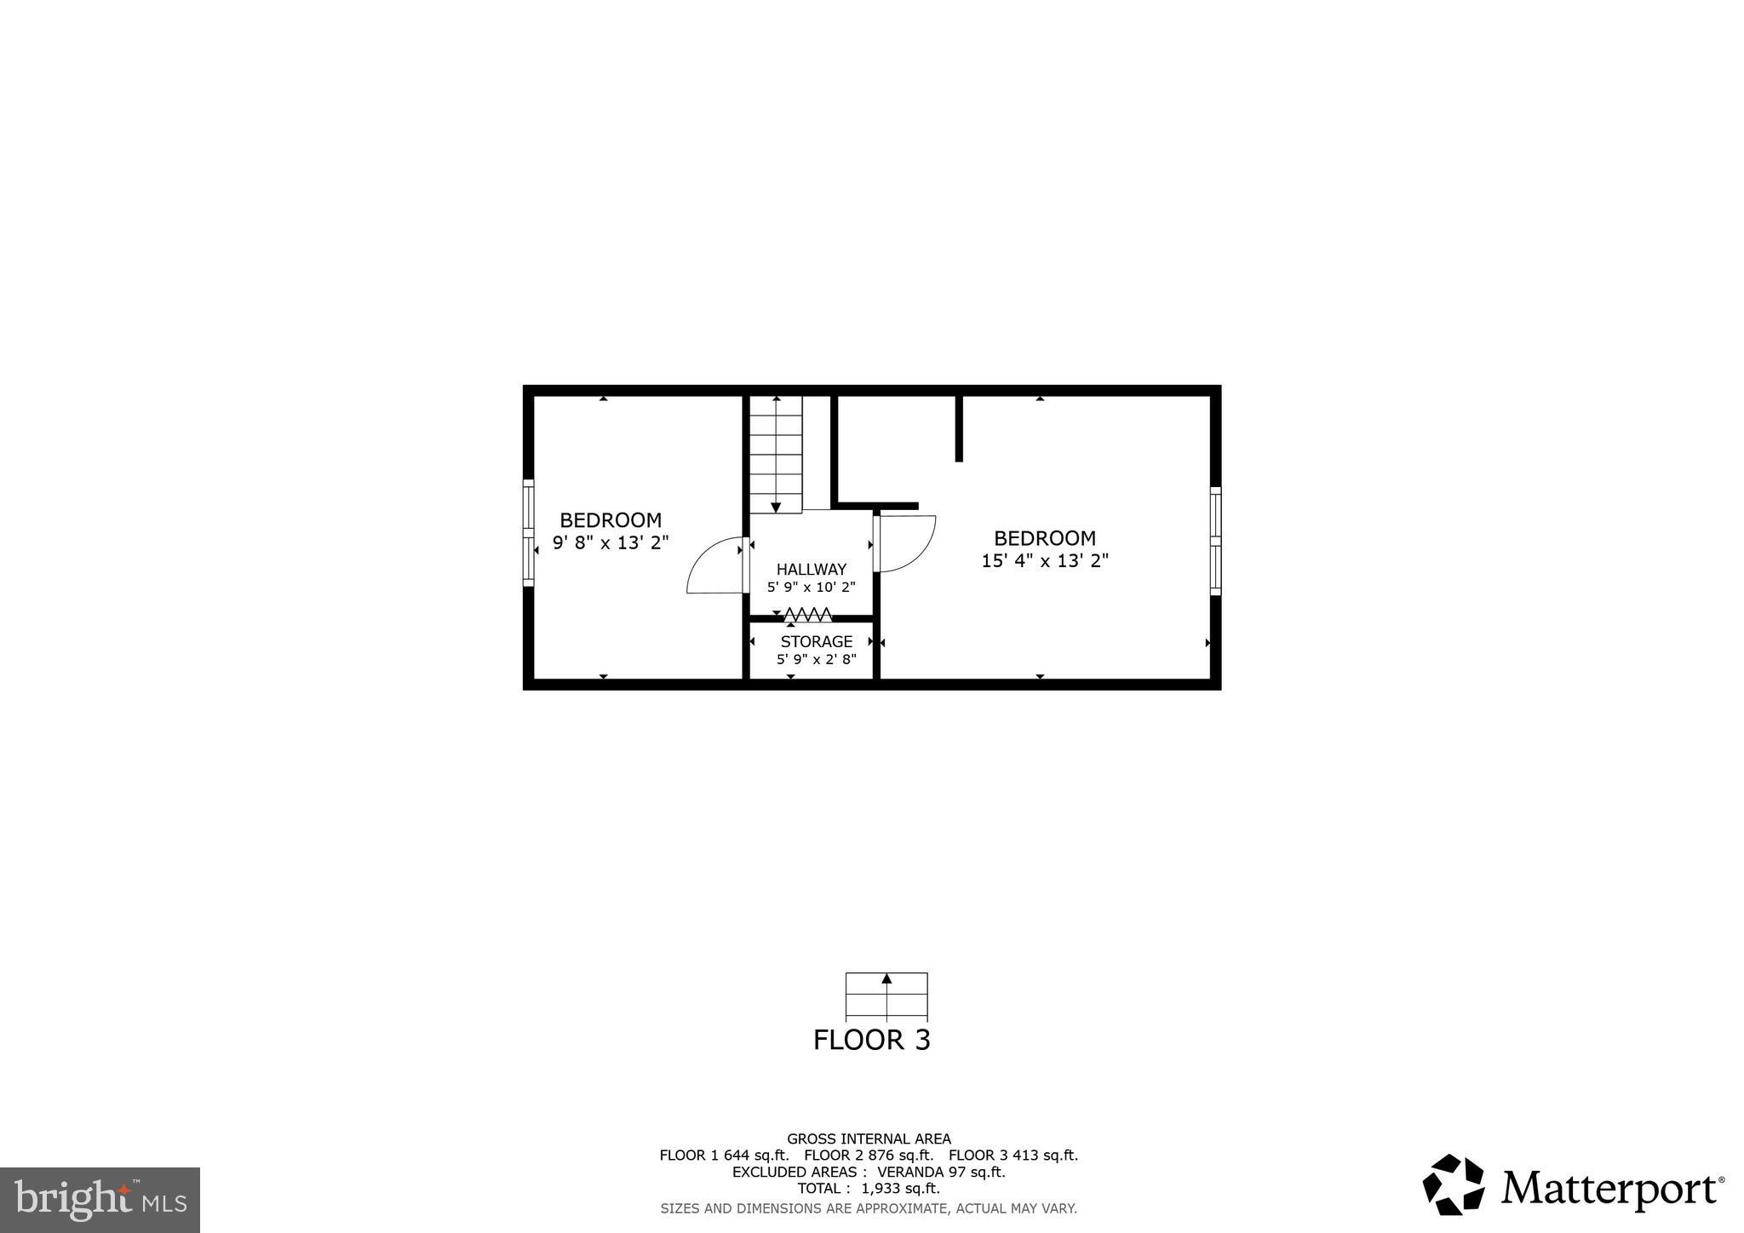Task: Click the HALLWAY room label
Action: pyautogui.click(x=811, y=569)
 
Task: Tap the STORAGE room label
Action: pyautogui.click(x=816, y=641)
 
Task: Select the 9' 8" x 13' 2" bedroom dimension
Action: pyautogui.click(x=611, y=542)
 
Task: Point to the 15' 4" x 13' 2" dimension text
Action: pyautogui.click(x=1045, y=561)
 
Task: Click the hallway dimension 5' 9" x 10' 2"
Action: pyautogui.click(x=811, y=588)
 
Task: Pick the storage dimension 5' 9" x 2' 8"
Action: pyautogui.click(x=816, y=660)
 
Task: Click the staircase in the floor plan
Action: pyautogui.click(x=776, y=454)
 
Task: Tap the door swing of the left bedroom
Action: pyautogui.click(x=714, y=566)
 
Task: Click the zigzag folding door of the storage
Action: pyautogui.click(x=807, y=614)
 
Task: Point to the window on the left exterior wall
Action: pyautogui.click(x=529, y=533)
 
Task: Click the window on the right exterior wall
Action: pyautogui.click(x=1215, y=541)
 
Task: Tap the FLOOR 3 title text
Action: pyautogui.click(x=871, y=1040)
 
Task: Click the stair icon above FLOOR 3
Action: pyautogui.click(x=886, y=995)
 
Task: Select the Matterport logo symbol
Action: pyautogui.click(x=1454, y=1184)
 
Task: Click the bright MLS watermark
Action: pyautogui.click(x=100, y=1200)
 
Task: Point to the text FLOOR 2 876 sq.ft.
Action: pyautogui.click(x=869, y=1156)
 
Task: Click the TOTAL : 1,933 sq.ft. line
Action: pyautogui.click(x=869, y=1188)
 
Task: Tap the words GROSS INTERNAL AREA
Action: pyautogui.click(x=869, y=1138)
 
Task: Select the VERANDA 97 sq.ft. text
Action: pyautogui.click(x=941, y=1172)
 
